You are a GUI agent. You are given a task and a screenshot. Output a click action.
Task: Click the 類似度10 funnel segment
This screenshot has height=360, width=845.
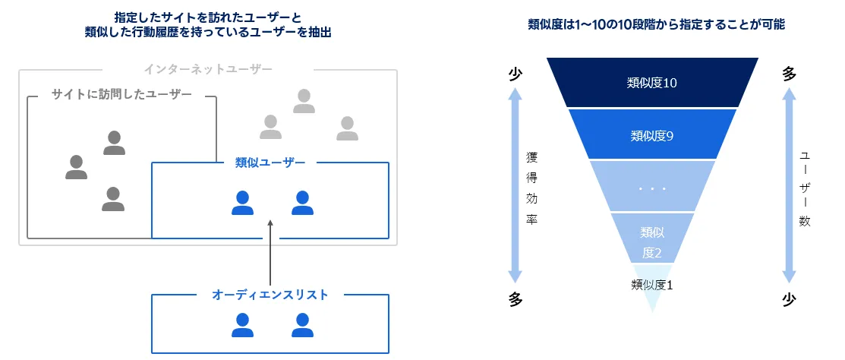pyautogui.click(x=652, y=83)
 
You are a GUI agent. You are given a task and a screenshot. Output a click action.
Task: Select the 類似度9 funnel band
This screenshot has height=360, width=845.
pyautogui.click(x=652, y=134)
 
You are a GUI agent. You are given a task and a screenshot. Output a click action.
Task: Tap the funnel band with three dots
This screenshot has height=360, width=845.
pyautogui.click(x=652, y=186)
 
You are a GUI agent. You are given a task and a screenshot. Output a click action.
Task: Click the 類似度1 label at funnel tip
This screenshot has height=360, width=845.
pyautogui.click(x=652, y=285)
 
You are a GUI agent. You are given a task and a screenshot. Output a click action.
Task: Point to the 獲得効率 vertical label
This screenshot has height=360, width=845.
pyautogui.click(x=532, y=189)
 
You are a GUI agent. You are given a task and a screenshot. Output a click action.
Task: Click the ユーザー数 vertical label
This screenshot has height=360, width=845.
pyautogui.click(x=805, y=189)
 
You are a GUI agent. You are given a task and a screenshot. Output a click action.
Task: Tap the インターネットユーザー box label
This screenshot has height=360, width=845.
pyautogui.click(x=208, y=69)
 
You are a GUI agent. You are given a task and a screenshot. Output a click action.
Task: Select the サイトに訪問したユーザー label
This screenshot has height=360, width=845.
pyautogui.click(x=121, y=95)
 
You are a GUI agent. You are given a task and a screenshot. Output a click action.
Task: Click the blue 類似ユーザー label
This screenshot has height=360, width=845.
pyautogui.click(x=270, y=163)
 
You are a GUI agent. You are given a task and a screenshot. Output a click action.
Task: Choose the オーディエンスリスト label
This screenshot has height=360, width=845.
pyautogui.click(x=270, y=295)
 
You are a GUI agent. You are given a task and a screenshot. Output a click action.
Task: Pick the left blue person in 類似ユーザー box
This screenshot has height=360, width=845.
pyautogui.click(x=242, y=204)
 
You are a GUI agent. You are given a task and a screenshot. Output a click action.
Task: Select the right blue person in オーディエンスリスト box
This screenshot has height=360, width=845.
pyautogui.click(x=302, y=326)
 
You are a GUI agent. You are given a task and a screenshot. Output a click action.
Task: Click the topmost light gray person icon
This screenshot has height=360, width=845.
pyautogui.click(x=304, y=101)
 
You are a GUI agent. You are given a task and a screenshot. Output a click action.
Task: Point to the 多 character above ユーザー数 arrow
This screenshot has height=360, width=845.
pyautogui.click(x=789, y=74)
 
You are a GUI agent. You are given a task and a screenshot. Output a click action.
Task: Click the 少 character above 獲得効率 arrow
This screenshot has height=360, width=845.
pyautogui.click(x=516, y=74)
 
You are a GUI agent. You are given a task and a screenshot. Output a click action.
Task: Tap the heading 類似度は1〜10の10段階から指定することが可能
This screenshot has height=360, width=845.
pyautogui.click(x=656, y=25)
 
